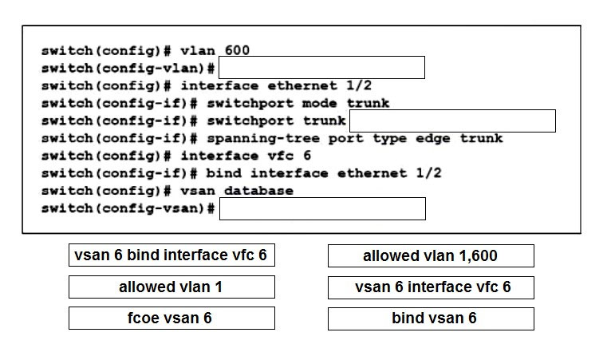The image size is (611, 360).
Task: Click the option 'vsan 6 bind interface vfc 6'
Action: (171, 255)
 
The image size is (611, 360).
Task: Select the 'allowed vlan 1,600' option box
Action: (431, 256)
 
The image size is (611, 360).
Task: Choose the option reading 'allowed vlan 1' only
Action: (171, 287)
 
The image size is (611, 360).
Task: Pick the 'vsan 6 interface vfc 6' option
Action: (431, 288)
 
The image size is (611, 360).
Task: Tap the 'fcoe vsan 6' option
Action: (171, 318)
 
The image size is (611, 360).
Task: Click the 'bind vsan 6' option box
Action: (431, 318)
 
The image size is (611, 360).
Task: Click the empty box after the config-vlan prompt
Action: (322, 68)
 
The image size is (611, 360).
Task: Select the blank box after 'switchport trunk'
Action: (453, 121)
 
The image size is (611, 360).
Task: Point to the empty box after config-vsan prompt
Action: (322, 208)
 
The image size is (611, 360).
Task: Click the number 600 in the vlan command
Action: (237, 50)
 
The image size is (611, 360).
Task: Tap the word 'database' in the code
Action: (258, 191)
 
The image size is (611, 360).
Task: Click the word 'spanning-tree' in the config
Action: (263, 138)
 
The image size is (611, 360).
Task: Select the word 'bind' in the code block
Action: (223, 173)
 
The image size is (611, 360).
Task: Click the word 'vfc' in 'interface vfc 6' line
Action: (281, 156)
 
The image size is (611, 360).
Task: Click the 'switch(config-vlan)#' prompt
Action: (128, 69)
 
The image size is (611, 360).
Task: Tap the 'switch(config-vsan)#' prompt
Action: (128, 208)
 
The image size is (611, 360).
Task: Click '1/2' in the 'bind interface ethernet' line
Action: (428, 173)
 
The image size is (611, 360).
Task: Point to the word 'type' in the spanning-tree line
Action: (390, 139)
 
